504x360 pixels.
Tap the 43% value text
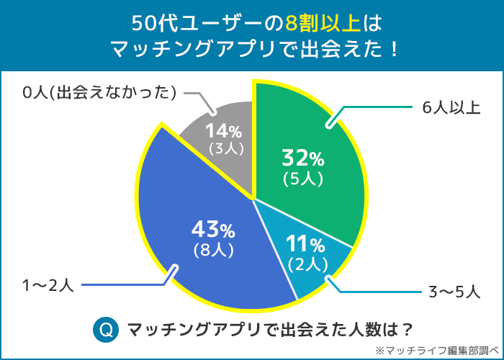212,230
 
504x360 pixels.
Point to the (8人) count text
212,251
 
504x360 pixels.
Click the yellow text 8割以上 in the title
323,23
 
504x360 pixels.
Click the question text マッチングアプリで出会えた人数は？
271,330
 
